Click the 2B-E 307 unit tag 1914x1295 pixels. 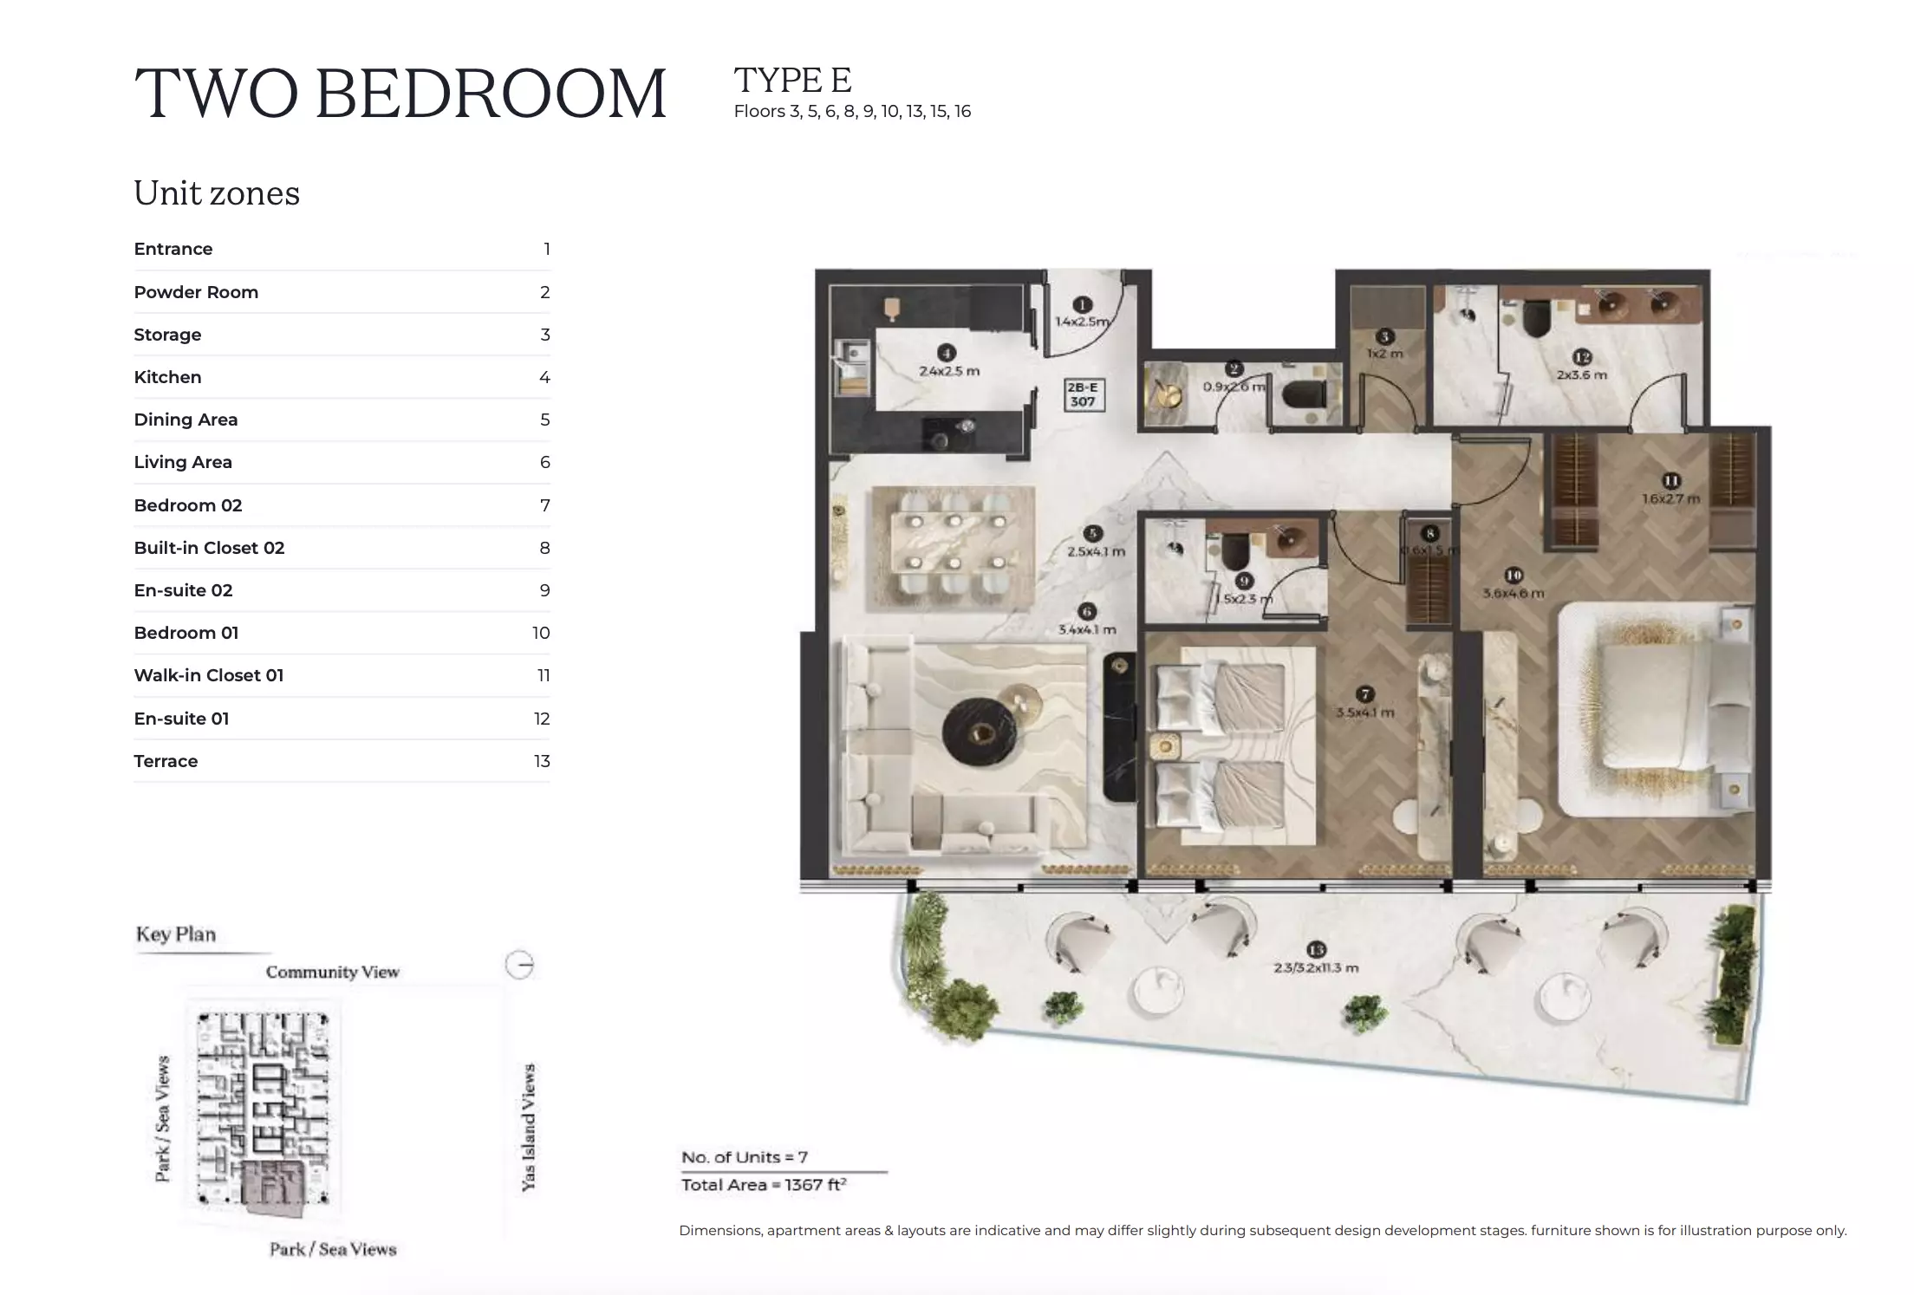pos(1083,394)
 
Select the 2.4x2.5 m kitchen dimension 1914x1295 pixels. pos(949,371)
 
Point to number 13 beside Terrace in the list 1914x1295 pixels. pos(542,761)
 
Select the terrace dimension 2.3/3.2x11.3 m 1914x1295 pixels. pos(1316,967)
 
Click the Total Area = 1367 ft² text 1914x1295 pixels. pos(763,1185)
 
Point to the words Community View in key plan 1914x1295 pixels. pos(332,972)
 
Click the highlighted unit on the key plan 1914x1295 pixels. pos(271,1184)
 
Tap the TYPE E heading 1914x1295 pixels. pos(792,80)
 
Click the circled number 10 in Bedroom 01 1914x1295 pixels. pos(1514,575)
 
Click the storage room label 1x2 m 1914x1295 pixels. pos(1384,354)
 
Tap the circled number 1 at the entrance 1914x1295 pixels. pos(1082,304)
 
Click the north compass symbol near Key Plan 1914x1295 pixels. pos(519,965)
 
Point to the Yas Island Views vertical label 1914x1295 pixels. pos(528,1127)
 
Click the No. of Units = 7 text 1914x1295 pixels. pos(744,1157)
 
